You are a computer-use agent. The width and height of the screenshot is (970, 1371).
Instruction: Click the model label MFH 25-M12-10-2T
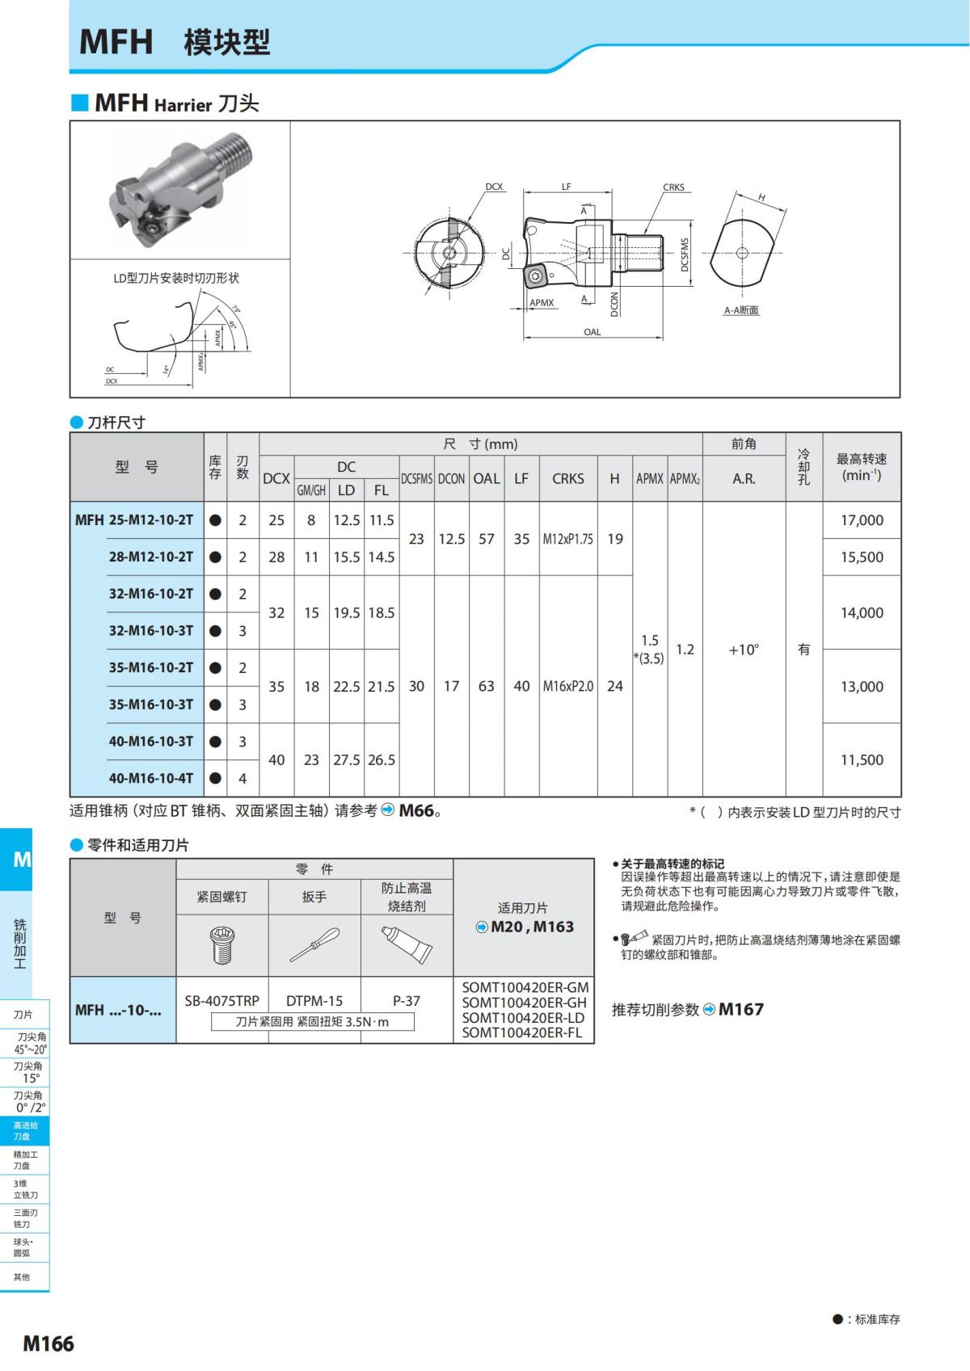coord(134,520)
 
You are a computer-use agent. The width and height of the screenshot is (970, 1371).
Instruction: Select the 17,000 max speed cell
coord(862,520)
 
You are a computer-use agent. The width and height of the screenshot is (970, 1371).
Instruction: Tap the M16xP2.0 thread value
coord(568,686)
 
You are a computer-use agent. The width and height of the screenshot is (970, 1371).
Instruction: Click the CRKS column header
coord(568,478)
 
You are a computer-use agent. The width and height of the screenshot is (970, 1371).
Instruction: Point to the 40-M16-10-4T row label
coord(150,778)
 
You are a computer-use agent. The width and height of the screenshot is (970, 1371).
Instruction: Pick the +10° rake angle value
coord(744,650)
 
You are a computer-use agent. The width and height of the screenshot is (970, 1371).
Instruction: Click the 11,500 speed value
coord(862,759)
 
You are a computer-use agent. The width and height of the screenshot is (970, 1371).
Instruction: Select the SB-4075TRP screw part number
coord(221,1001)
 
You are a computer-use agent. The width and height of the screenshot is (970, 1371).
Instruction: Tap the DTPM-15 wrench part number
coord(314,1001)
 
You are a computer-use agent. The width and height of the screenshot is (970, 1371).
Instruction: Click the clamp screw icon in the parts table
coord(221,945)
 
